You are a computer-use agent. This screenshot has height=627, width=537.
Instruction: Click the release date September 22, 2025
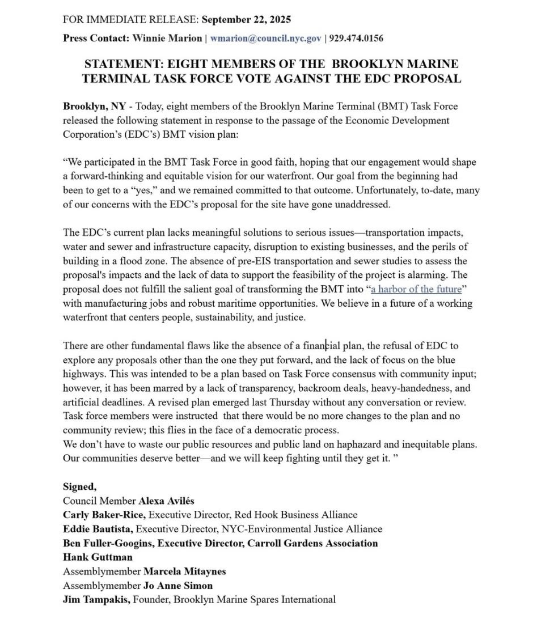(x=246, y=19)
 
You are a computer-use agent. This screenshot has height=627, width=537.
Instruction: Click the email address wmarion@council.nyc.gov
(x=267, y=39)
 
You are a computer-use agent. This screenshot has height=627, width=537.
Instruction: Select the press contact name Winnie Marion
(x=167, y=39)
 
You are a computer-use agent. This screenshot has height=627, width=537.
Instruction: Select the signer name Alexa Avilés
(x=166, y=501)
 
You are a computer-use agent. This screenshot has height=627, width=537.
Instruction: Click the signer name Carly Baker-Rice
(x=104, y=515)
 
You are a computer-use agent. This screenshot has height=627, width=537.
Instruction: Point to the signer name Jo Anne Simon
(x=178, y=585)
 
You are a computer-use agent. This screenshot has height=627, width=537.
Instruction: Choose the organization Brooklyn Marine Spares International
(x=255, y=599)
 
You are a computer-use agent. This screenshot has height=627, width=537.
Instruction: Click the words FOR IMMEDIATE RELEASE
(x=130, y=19)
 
